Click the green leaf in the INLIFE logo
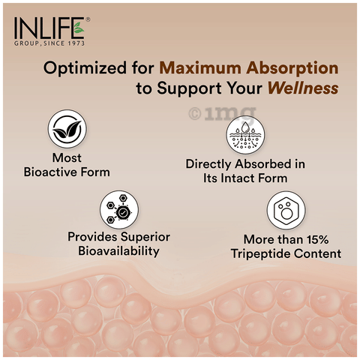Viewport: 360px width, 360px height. (x=79, y=28)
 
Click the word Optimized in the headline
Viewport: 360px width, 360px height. (x=85, y=68)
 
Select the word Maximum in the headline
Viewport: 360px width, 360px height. (x=200, y=67)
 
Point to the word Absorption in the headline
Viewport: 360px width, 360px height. (x=292, y=68)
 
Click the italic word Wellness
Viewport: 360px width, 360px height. (x=303, y=88)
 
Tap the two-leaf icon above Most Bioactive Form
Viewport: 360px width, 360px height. (x=67, y=128)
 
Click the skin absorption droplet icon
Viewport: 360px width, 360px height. (x=245, y=134)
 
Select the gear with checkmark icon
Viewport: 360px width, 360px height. (x=119, y=209)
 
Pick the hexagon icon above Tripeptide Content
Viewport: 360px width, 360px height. (x=286, y=210)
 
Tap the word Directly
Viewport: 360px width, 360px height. (x=208, y=165)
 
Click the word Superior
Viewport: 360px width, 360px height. (x=145, y=237)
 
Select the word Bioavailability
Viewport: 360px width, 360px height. (x=118, y=251)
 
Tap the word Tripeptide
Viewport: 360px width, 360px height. (x=260, y=254)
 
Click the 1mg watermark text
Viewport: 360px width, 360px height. (x=223, y=114)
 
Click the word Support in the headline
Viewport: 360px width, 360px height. (x=189, y=88)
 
